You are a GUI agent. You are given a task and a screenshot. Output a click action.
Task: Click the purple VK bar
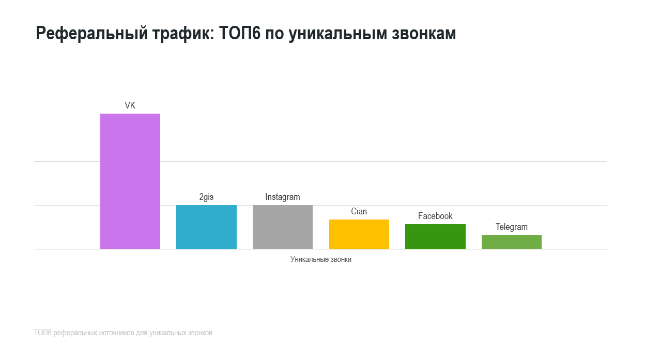click(x=130, y=181)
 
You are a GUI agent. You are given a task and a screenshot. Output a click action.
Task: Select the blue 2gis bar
click(x=206, y=227)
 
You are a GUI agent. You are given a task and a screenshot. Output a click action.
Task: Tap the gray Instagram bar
click(x=283, y=227)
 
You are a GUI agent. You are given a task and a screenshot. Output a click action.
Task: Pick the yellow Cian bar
click(x=359, y=234)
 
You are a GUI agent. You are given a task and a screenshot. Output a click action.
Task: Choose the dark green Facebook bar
click(x=435, y=237)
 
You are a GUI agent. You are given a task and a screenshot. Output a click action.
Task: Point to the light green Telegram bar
click(x=512, y=242)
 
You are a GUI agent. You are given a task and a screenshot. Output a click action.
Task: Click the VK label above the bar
click(x=130, y=105)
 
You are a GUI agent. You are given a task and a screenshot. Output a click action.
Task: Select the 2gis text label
click(x=206, y=197)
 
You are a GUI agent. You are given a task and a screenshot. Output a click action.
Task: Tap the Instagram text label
click(x=283, y=197)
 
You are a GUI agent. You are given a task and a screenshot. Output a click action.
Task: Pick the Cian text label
click(x=359, y=211)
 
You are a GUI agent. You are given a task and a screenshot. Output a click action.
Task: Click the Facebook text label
click(x=435, y=216)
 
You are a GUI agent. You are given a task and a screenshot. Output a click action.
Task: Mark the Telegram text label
click(x=512, y=227)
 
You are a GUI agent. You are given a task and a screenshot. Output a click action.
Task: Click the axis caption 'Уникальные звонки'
click(x=321, y=259)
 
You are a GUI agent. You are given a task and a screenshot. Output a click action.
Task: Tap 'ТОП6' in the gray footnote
click(x=42, y=333)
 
